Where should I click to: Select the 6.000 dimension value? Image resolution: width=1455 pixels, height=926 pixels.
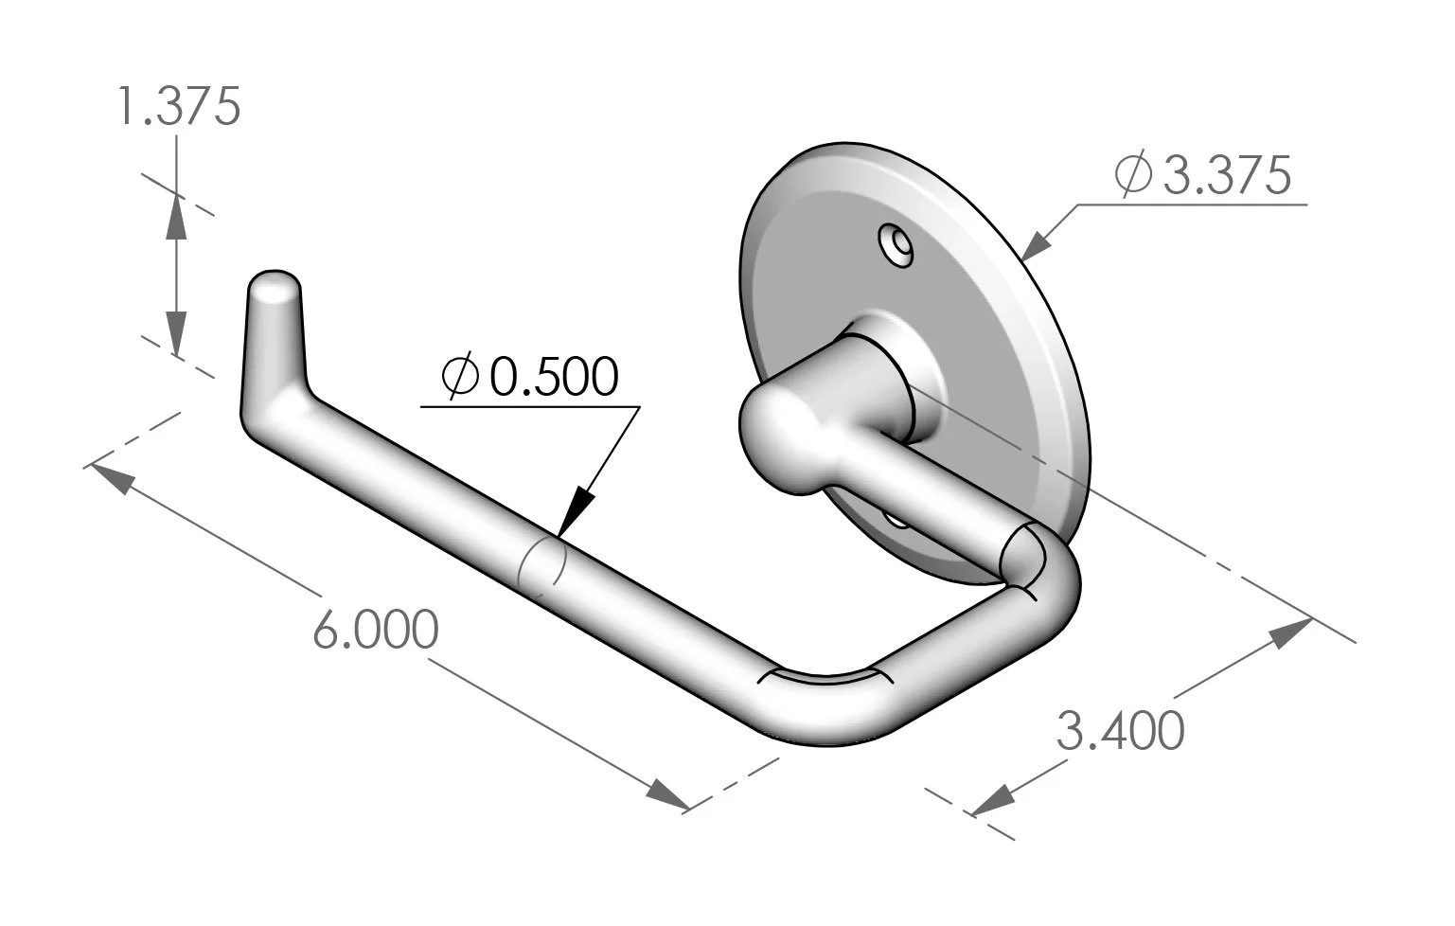pyautogui.click(x=375, y=630)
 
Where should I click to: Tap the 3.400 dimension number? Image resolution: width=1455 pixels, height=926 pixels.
pyautogui.click(x=1120, y=731)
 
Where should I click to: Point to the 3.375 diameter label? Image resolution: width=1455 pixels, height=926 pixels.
pyautogui.click(x=1226, y=175)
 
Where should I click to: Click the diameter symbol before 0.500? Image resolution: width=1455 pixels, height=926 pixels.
pyautogui.click(x=462, y=377)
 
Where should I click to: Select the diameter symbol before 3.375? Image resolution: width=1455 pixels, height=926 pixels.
pyautogui.click(x=1133, y=175)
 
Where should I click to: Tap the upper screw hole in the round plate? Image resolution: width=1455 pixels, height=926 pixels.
pyautogui.click(x=895, y=244)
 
